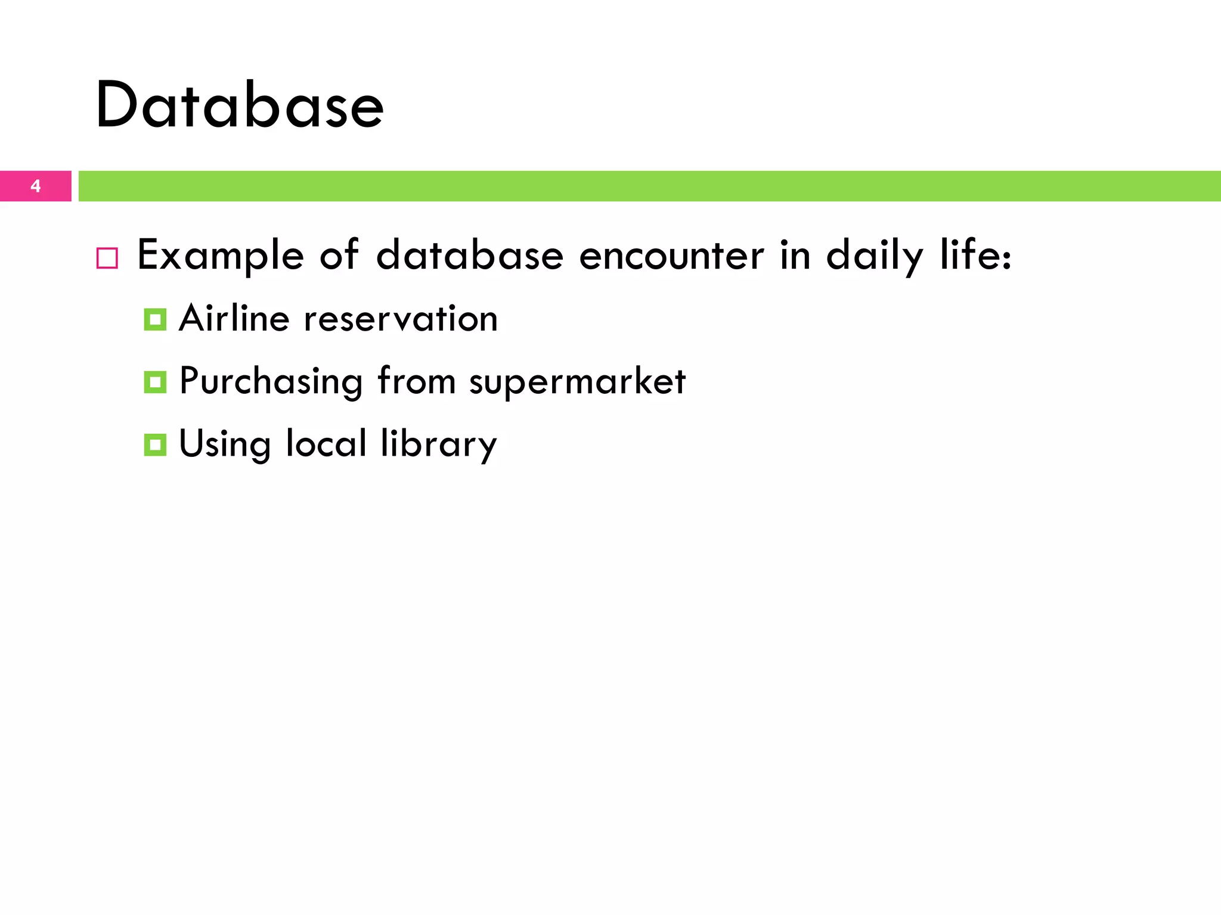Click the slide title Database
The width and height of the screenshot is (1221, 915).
[x=239, y=105]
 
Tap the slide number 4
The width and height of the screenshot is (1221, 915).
[x=36, y=186]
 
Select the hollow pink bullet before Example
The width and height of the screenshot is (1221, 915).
[x=107, y=259]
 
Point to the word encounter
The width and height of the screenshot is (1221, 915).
[x=671, y=256]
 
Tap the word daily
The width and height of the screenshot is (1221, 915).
[x=875, y=256]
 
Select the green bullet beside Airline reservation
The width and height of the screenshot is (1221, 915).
[x=155, y=320]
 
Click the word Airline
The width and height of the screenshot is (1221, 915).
[x=234, y=318]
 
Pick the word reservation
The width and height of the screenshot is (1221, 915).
[x=401, y=319]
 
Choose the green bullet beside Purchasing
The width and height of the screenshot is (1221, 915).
[x=155, y=382]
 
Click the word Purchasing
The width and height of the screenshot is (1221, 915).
[x=271, y=381]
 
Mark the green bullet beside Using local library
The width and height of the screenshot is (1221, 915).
[x=155, y=444]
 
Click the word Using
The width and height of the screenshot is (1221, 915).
[x=225, y=444]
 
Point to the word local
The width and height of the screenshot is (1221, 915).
[x=326, y=443]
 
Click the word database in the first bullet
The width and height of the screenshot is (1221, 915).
[x=470, y=256]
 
